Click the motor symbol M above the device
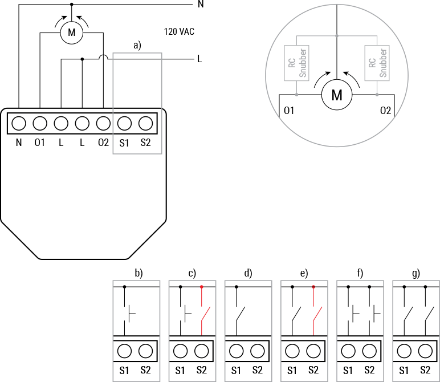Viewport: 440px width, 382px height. (71, 32)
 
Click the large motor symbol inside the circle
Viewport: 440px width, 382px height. (337, 95)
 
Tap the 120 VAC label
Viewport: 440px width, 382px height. (178, 32)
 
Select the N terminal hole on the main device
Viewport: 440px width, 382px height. (19, 123)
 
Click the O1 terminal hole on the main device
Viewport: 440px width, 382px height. (39, 123)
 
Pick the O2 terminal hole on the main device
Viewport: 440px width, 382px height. (103, 123)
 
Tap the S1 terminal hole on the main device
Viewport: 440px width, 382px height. (124, 123)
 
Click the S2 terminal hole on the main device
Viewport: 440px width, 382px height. (145, 123)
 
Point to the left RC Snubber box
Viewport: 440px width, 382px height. (291, 63)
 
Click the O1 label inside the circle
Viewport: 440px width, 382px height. (288, 110)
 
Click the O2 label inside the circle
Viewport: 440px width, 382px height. (385, 110)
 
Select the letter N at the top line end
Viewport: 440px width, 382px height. (200, 5)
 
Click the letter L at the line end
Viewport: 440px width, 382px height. (199, 59)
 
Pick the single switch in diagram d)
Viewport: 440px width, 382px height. (241, 314)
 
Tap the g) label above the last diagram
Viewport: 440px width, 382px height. (416, 273)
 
